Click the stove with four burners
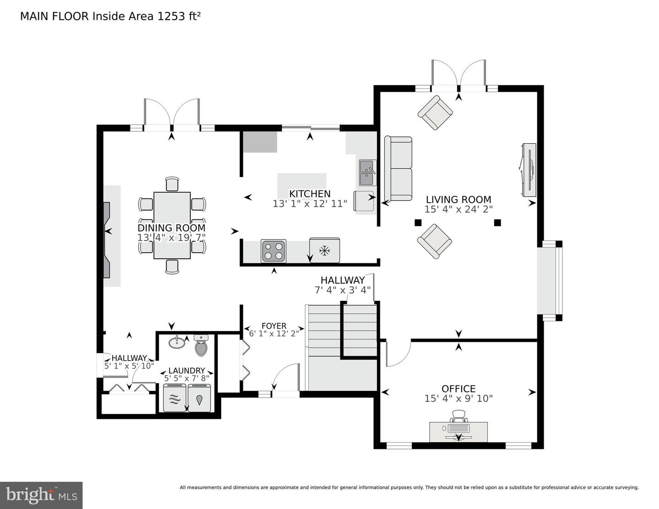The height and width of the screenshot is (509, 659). click(274, 251)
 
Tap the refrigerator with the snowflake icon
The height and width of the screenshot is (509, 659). click(324, 250)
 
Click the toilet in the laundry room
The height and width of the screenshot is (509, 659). click(201, 346)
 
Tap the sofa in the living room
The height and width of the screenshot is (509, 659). click(398, 169)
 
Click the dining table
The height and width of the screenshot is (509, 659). click(172, 225)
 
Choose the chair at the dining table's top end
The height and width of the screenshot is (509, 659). click(172, 184)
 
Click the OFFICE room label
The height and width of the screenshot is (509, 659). click(458, 389)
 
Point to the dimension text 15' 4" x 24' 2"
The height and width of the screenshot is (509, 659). click(458, 209)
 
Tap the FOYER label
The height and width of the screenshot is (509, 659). click(274, 326)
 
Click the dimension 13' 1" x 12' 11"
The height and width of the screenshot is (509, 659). click(310, 204)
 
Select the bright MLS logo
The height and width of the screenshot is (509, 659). click(41, 495)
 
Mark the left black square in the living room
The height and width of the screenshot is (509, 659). click(417, 223)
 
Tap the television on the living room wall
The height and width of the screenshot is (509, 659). click(529, 170)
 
